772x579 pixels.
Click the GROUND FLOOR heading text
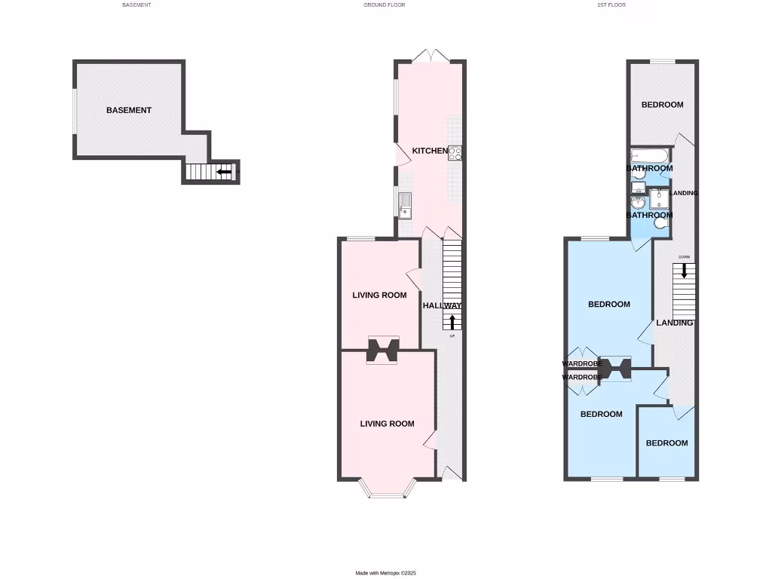coord(384,5)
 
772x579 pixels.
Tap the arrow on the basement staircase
coord(224,172)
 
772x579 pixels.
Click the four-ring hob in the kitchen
coord(455,153)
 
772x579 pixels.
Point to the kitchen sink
coord(405,202)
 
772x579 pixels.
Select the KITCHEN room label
coord(430,152)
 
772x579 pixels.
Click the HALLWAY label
coord(442,305)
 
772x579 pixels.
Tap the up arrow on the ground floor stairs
coord(452,322)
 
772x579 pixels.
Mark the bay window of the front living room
coord(388,492)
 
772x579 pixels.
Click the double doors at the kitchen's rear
coord(430,56)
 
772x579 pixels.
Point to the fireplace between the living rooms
coord(383,350)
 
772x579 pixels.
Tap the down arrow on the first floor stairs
coord(684,271)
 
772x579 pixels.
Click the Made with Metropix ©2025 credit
coord(385,573)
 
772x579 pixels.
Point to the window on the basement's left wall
coord(74,111)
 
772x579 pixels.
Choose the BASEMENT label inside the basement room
coord(129,110)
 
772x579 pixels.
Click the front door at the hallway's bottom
coord(451,473)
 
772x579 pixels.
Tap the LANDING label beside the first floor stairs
coord(674,323)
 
